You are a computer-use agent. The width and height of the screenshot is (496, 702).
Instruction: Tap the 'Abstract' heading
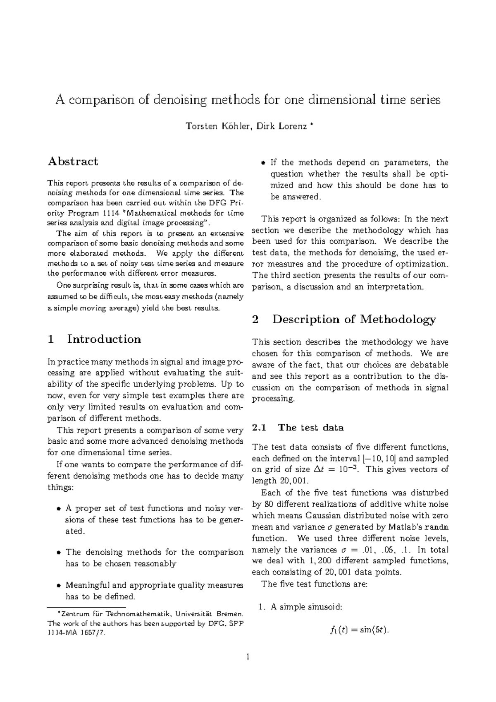[73, 161]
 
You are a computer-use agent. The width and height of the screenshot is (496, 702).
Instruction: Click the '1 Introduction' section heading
[94, 339]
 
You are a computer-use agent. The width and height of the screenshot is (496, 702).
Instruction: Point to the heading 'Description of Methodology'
[354, 319]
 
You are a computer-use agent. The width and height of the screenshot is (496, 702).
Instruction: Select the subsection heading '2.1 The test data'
[298, 428]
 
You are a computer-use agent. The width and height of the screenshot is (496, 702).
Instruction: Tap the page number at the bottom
[248, 656]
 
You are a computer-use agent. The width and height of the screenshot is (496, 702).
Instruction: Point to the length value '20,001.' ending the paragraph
[264, 481]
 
